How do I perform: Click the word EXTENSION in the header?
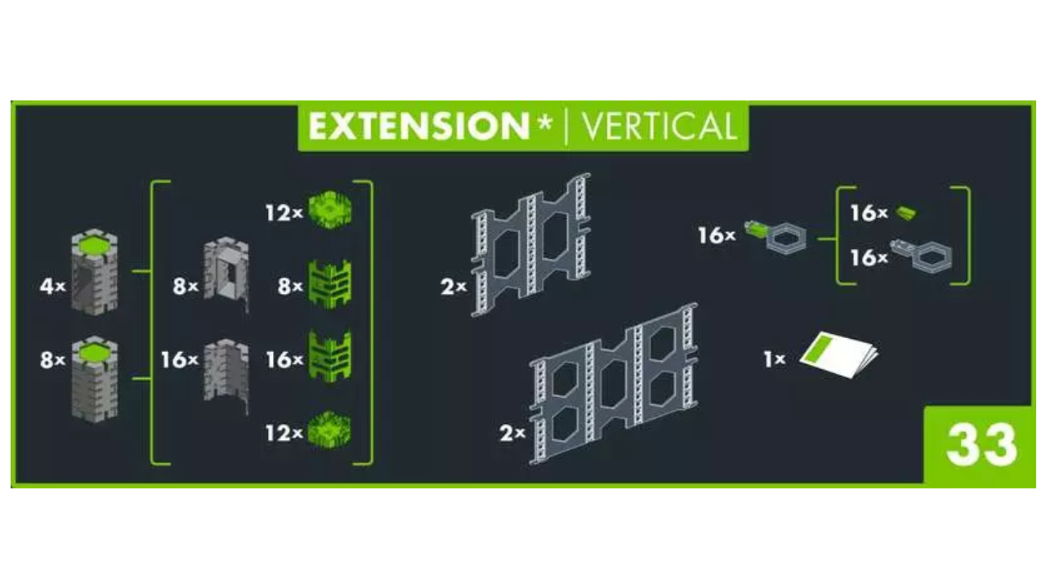[418, 127]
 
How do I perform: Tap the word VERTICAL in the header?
[659, 127]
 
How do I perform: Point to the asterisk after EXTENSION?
[544, 122]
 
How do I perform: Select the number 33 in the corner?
[981, 445]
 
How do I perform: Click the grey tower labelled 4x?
[94, 272]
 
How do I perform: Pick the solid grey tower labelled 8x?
[94, 379]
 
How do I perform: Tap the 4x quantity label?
[52, 286]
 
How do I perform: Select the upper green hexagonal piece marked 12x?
[330, 210]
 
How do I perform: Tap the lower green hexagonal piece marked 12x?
[330, 430]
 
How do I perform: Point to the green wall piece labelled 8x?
[330, 284]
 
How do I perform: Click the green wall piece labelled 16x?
[330, 357]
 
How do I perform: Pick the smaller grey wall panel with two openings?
[531, 245]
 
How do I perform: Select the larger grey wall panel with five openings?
[614, 384]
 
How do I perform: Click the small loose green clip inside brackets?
[906, 213]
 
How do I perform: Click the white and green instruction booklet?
[839, 354]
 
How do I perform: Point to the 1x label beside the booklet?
[774, 359]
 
